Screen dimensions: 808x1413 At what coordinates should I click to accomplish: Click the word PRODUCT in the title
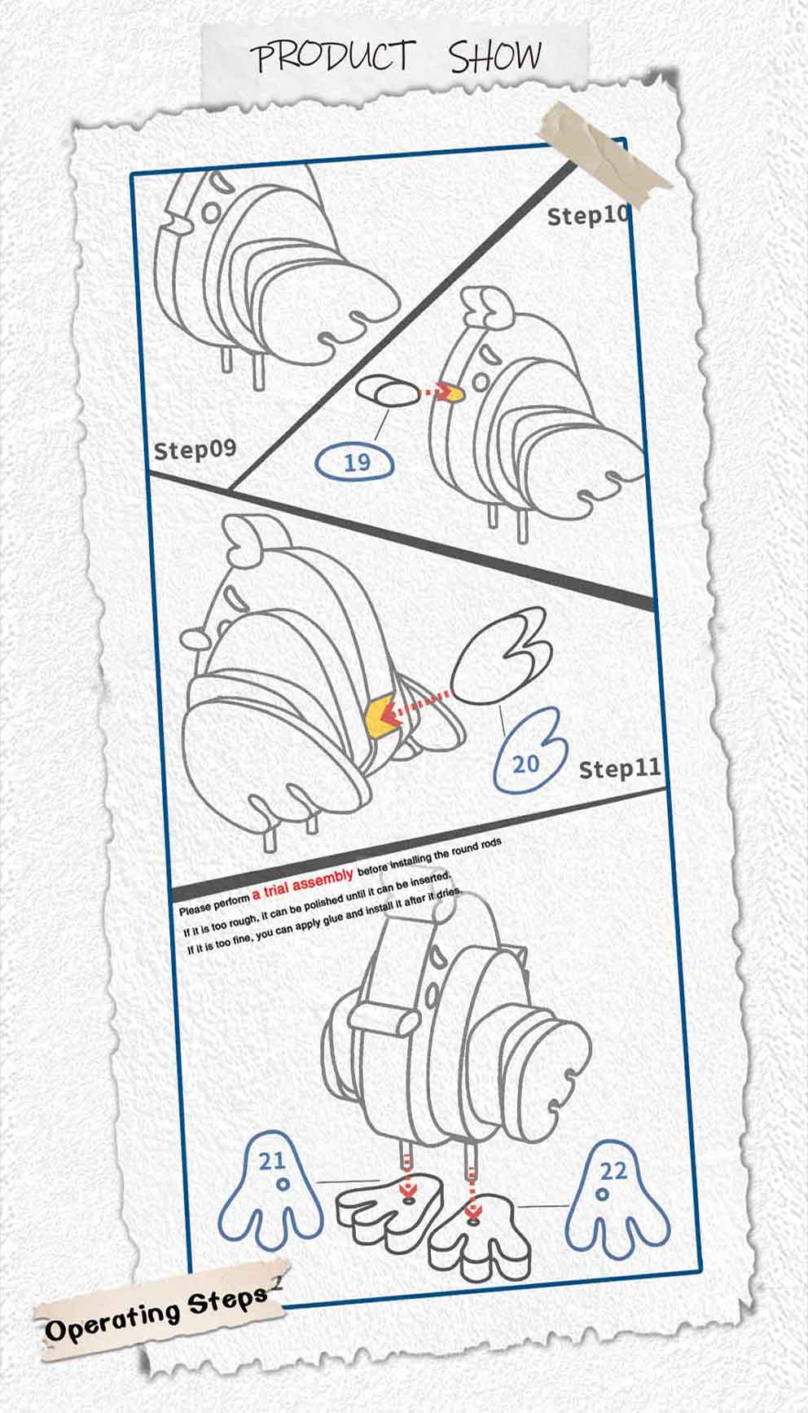click(x=332, y=56)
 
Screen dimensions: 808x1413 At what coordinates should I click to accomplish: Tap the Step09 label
click(x=195, y=449)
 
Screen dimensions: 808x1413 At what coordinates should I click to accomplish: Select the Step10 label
click(x=588, y=215)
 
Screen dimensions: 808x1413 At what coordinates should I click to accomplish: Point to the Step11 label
click(x=619, y=768)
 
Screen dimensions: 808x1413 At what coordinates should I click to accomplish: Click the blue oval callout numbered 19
click(x=354, y=462)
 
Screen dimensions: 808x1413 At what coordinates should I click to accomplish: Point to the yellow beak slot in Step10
click(x=453, y=394)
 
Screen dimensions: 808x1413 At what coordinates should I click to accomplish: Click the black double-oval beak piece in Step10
click(x=385, y=390)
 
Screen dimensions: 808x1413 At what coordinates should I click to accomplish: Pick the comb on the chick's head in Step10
click(x=486, y=306)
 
